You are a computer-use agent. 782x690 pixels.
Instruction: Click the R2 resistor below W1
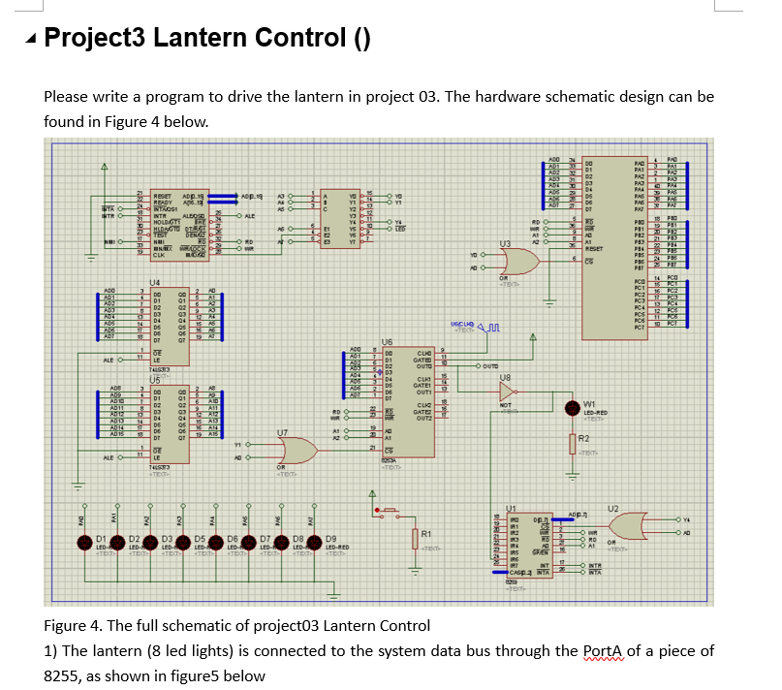[573, 442]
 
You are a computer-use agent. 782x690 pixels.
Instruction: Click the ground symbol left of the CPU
[93, 258]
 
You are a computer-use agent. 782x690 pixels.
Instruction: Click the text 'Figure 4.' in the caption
[75, 624]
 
